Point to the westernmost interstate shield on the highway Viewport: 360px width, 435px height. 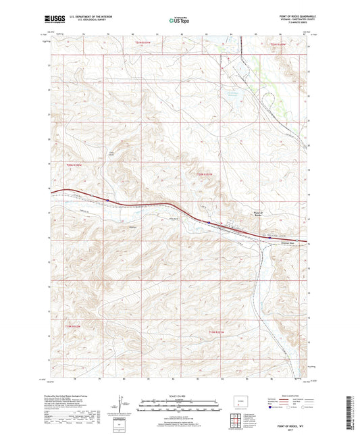[x=108, y=199]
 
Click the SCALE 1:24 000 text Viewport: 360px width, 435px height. [x=180, y=396]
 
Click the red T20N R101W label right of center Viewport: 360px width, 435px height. [x=203, y=174]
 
